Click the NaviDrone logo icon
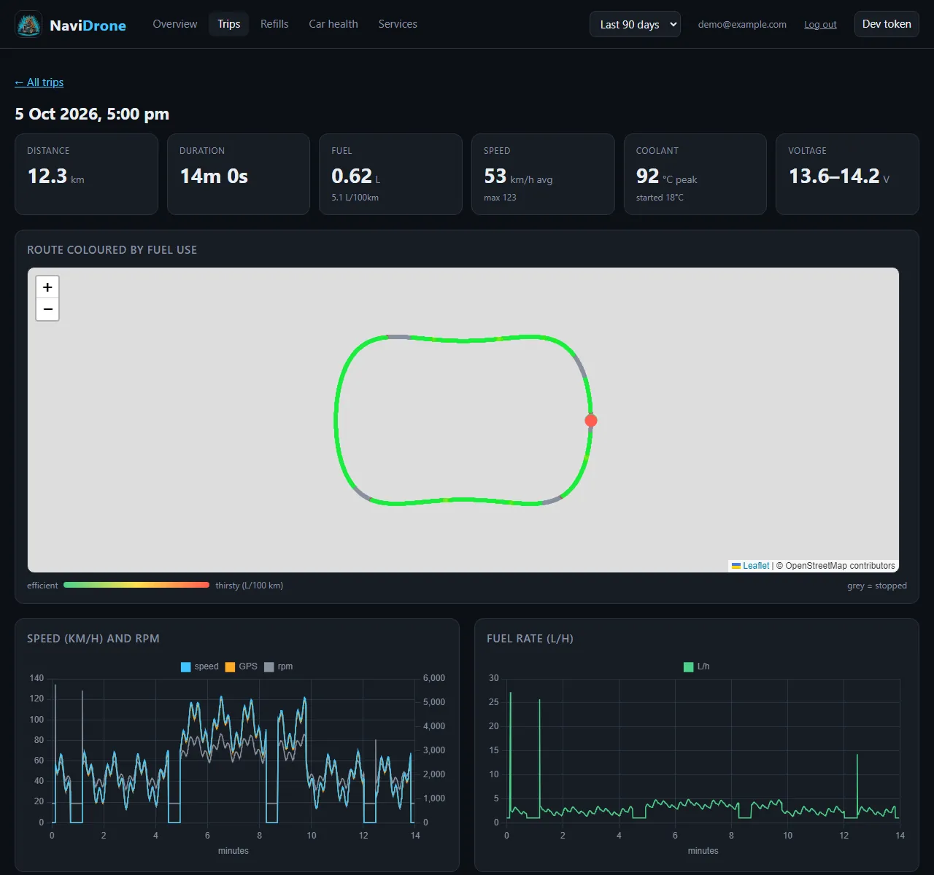[x=28, y=25]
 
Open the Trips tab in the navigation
[x=228, y=24]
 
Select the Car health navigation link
[x=333, y=24]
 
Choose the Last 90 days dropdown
[x=634, y=25]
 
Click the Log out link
[x=819, y=25]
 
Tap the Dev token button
[x=886, y=24]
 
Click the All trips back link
[x=39, y=82]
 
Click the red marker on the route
[x=591, y=420]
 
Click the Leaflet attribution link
[x=755, y=566]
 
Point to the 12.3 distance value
[x=47, y=176]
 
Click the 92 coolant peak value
[x=647, y=176]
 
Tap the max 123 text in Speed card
[x=499, y=198]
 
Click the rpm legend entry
[x=279, y=666]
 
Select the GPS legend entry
[x=242, y=666]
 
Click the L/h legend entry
[x=696, y=666]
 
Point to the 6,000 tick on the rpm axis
[x=433, y=678]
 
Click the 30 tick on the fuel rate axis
[x=493, y=678]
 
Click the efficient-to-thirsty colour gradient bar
[x=136, y=585]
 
